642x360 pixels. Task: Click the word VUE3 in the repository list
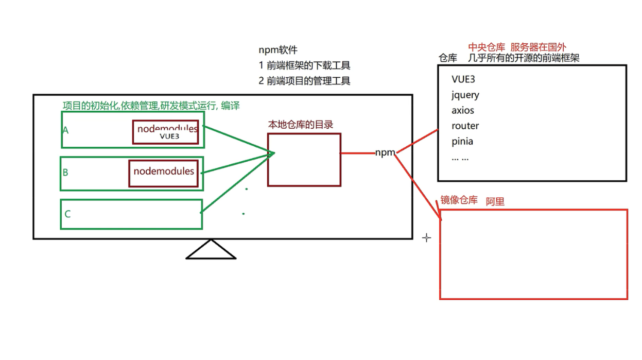click(463, 79)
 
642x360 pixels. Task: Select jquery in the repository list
click(465, 95)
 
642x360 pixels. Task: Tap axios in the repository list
click(463, 110)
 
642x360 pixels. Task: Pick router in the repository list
click(465, 126)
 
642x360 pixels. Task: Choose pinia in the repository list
click(462, 141)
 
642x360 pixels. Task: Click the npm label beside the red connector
click(385, 152)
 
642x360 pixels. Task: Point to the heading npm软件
click(278, 50)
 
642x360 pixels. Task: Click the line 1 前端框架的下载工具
click(304, 65)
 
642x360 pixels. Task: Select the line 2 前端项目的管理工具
click(304, 81)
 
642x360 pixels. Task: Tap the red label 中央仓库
click(486, 47)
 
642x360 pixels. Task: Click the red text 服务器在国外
click(538, 47)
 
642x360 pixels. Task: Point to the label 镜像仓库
click(459, 200)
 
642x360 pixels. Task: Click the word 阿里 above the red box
click(495, 202)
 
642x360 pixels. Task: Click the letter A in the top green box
click(65, 130)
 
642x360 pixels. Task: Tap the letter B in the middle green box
click(65, 173)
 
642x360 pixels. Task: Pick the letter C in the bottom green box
click(67, 214)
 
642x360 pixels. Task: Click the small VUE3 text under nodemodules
click(169, 136)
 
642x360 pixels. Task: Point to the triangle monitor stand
click(211, 251)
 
